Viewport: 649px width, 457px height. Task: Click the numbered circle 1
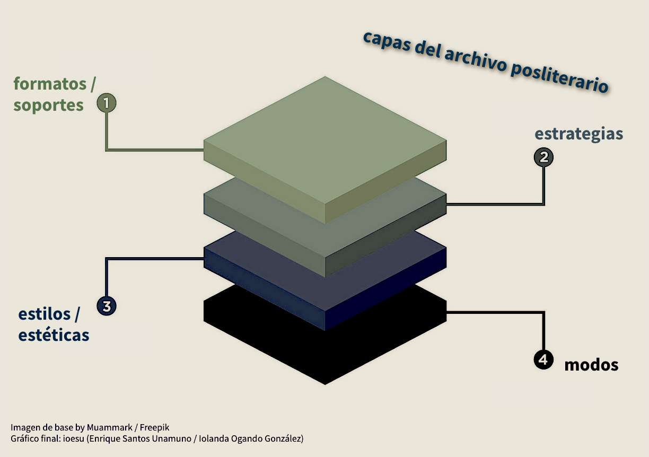(x=106, y=103)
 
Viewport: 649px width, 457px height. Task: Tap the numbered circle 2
(x=543, y=157)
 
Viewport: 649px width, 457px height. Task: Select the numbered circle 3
(x=106, y=306)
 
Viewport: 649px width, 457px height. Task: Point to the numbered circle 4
(x=543, y=359)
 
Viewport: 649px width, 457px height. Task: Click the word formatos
(x=50, y=84)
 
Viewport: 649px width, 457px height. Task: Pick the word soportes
(x=48, y=106)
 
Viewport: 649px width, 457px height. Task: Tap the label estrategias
(x=578, y=134)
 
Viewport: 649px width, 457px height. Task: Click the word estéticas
(x=54, y=335)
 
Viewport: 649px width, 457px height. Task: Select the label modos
(x=591, y=365)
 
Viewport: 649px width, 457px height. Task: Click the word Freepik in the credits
(x=154, y=427)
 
